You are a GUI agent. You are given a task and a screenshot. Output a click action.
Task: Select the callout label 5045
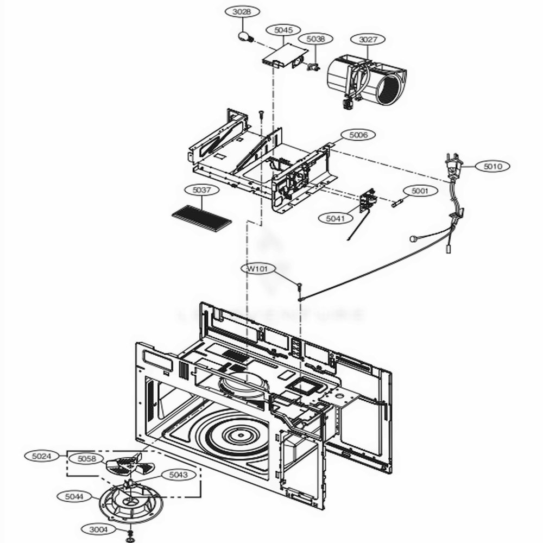283,30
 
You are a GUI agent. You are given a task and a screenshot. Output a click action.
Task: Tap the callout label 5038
315,39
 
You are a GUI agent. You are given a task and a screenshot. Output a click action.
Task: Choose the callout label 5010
493,166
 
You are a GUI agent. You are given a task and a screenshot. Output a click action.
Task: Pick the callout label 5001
420,191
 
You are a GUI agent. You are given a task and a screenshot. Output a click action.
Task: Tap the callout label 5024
42,457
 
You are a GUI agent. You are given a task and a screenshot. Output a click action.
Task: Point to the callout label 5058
87,459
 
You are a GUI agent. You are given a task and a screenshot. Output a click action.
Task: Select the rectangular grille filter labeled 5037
201,218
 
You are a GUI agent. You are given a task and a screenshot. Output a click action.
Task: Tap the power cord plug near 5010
454,166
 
